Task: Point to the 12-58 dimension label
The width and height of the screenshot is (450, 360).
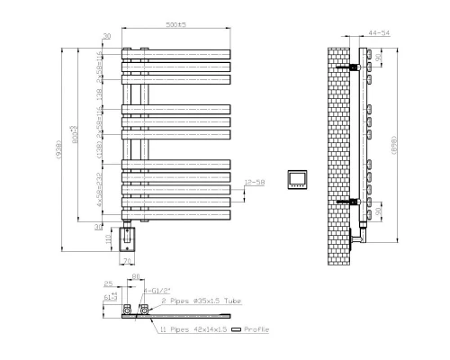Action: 253,183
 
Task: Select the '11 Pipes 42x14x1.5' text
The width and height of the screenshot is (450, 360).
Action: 195,330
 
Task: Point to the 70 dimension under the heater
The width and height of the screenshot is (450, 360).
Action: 127,262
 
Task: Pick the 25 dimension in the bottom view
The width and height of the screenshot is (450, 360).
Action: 107,283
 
